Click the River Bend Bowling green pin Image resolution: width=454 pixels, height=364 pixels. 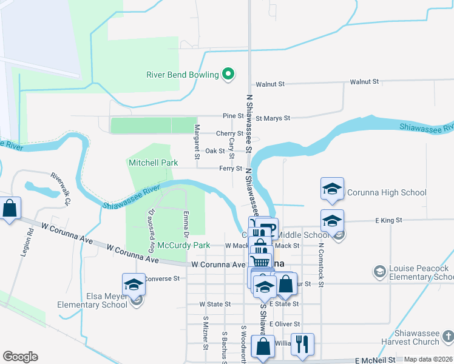pyautogui.click(x=228, y=75)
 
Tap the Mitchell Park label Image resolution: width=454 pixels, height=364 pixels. pyautogui.click(x=153, y=163)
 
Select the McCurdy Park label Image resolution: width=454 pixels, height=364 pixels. pyautogui.click(x=183, y=245)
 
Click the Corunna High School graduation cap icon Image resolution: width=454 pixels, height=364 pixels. pyautogui.click(x=332, y=189)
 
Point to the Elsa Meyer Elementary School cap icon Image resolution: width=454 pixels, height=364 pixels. pyautogui.click(x=134, y=284)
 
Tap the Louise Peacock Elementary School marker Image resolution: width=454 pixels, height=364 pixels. pyautogui.click(x=380, y=270)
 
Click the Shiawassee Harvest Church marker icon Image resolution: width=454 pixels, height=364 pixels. pyautogui.click(x=447, y=335)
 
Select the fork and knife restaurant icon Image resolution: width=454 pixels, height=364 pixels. pyautogui.click(x=302, y=344)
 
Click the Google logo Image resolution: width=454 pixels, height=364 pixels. pyautogui.click(x=20, y=357)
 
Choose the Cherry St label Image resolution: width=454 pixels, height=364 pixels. pyautogui.click(x=229, y=133)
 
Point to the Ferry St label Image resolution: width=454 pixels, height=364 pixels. pyautogui.click(x=231, y=169)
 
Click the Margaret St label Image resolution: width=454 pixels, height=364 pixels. pyautogui.click(x=197, y=142)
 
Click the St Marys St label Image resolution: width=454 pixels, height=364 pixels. pyautogui.click(x=273, y=118)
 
